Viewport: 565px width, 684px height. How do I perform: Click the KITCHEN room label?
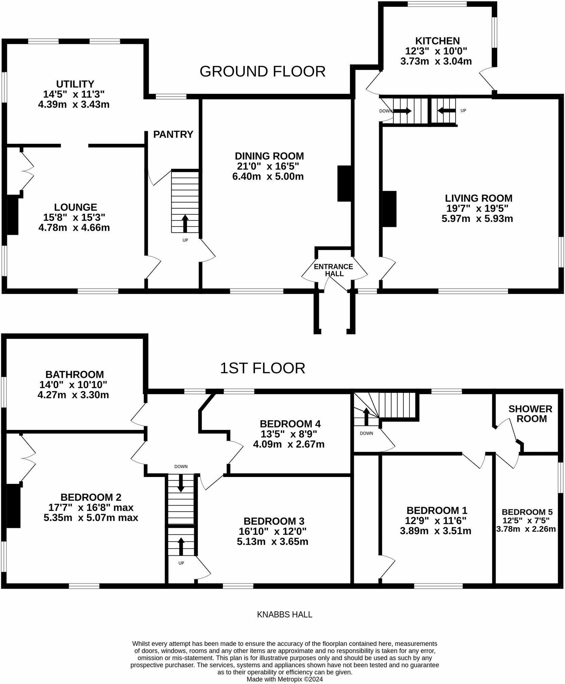(437, 41)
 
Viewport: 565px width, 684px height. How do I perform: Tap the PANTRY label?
(173, 135)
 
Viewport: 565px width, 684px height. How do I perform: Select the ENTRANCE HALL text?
(333, 270)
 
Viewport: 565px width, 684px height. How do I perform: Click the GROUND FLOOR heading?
(262, 72)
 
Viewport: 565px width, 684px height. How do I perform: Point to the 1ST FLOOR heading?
(262, 368)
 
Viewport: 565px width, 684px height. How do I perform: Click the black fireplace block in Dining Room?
(344, 184)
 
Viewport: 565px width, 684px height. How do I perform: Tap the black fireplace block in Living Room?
(390, 209)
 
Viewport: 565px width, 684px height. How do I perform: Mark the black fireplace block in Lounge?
(13, 214)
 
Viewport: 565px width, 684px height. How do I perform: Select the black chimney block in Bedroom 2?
(14, 506)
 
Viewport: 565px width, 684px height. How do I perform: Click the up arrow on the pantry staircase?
(185, 223)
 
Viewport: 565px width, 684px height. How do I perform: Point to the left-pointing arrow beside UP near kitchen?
(446, 110)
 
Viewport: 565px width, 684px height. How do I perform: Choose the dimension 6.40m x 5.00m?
(268, 176)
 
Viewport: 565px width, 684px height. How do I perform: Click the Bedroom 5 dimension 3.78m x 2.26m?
(526, 529)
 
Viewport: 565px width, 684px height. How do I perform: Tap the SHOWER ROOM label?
(530, 414)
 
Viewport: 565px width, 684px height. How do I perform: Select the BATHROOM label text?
(75, 375)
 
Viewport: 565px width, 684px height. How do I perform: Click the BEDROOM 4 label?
(290, 424)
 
